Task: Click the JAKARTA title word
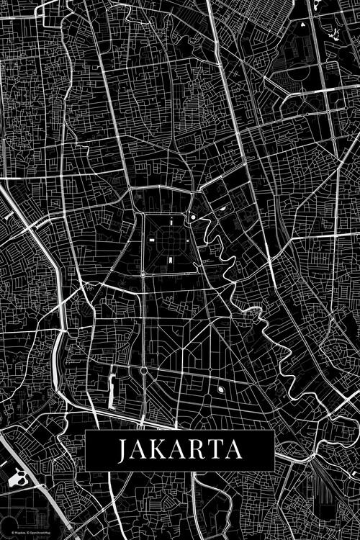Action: (x=180, y=450)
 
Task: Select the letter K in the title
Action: (x=159, y=450)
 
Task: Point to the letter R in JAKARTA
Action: (x=198, y=450)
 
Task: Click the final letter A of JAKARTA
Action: (x=233, y=450)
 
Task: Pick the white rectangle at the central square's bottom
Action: (x=170, y=259)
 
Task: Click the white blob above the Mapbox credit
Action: (x=19, y=477)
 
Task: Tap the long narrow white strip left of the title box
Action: (x=112, y=389)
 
